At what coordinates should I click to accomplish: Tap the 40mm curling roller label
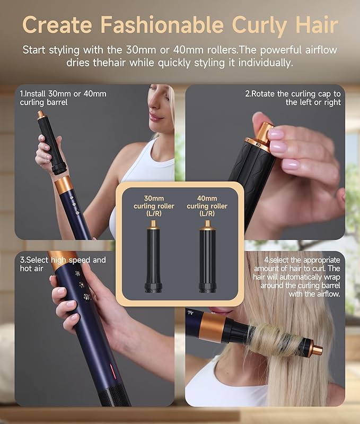pyautogui.click(x=207, y=205)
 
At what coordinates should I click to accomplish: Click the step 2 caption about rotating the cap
pyautogui.click(x=293, y=98)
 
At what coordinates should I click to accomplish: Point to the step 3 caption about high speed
pyautogui.click(x=63, y=264)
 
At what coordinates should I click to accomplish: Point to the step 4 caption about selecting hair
pyautogui.click(x=298, y=276)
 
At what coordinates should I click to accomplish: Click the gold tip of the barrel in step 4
pyautogui.click(x=317, y=350)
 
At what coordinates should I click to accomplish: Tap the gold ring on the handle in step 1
pyautogui.click(x=64, y=185)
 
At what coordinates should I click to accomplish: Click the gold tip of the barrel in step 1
pyautogui.click(x=40, y=115)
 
